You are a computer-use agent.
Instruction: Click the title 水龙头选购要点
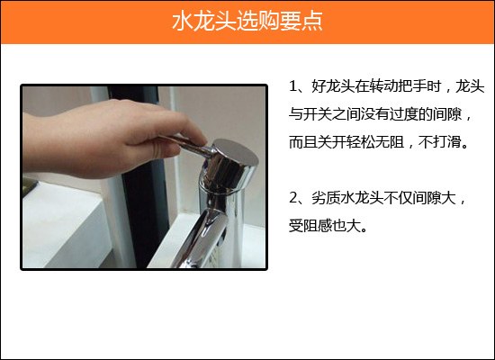coord(247,22)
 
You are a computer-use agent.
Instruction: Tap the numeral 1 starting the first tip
coord(293,86)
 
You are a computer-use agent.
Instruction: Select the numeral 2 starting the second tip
coord(293,198)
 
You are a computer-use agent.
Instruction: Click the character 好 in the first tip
coord(319,86)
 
